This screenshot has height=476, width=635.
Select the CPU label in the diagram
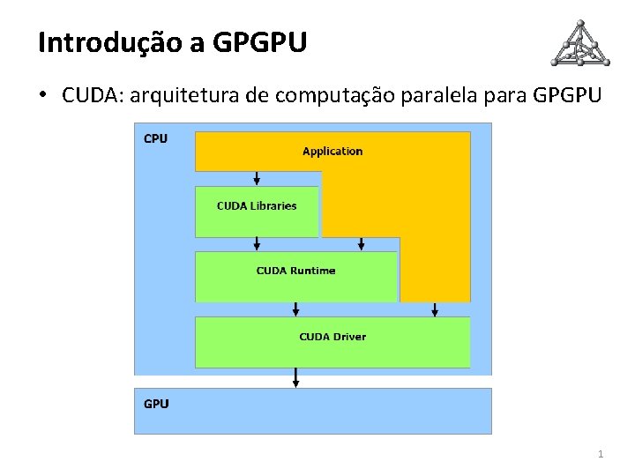click(155, 138)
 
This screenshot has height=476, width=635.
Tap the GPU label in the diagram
click(156, 404)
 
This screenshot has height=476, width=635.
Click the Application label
click(332, 151)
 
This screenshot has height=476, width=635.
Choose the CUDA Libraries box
click(257, 211)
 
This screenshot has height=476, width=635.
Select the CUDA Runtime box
click(295, 275)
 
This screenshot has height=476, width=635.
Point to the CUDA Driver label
click(332, 337)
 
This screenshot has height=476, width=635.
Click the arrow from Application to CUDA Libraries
click(257, 178)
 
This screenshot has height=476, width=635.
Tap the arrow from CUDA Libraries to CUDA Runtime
click(257, 243)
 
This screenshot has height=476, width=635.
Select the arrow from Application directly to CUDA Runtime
click(361, 243)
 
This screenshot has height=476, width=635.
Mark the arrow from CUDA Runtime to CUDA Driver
click(296, 309)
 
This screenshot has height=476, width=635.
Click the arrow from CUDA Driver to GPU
click(296, 377)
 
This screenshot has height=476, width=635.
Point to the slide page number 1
click(601, 454)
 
